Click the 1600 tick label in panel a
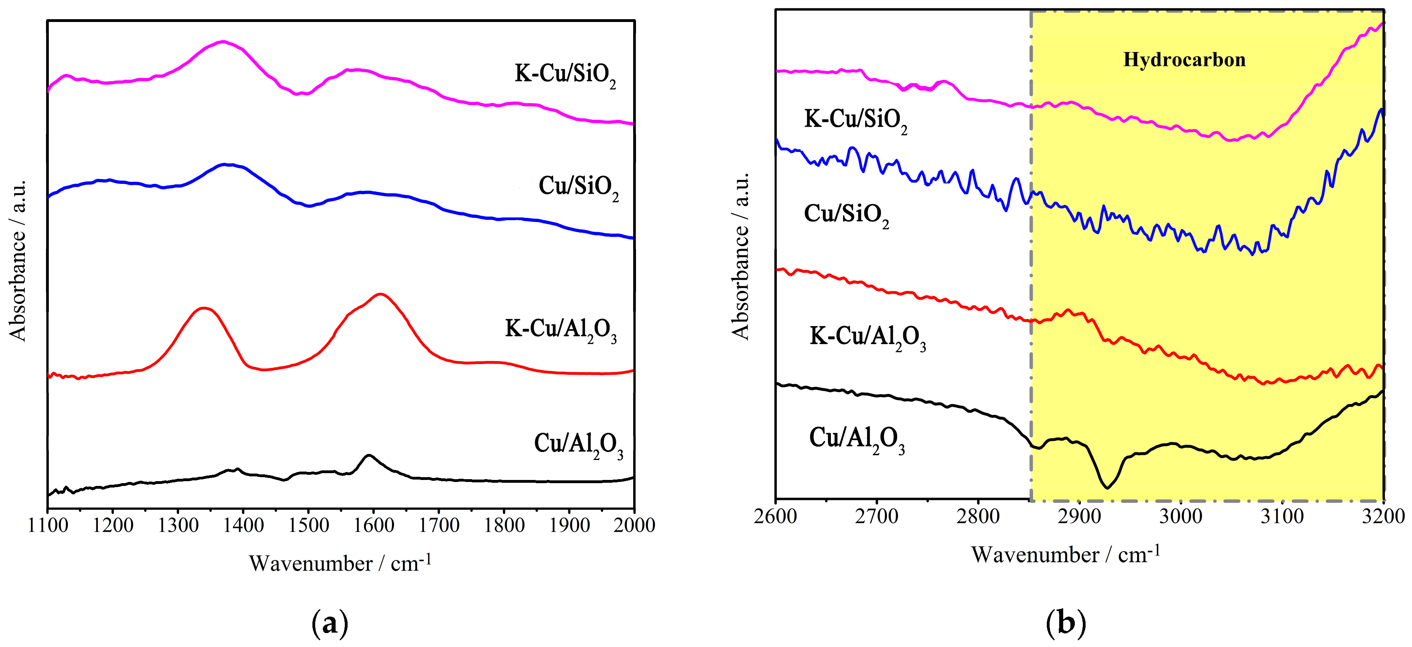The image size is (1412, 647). coord(373,525)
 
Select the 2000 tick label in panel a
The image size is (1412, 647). coord(634,525)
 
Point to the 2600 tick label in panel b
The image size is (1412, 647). coord(775,516)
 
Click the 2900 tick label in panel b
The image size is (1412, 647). coord(1079,516)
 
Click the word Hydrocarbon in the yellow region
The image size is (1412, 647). coord(1184,59)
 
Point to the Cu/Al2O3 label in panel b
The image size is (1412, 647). coord(856,440)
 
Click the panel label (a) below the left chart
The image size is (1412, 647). coord(330,623)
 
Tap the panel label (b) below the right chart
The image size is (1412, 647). coord(1066,623)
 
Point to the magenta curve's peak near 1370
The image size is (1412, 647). coord(222,41)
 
